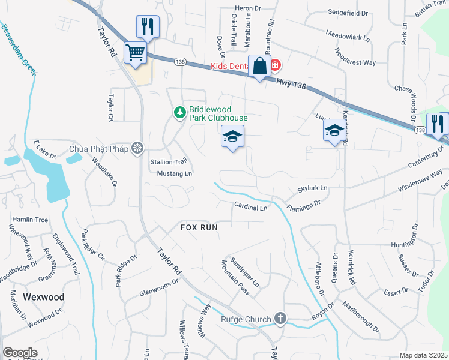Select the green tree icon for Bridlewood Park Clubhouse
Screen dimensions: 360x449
[179, 112]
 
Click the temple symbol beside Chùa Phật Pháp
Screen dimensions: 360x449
[137, 148]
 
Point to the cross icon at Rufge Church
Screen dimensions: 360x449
[279, 319]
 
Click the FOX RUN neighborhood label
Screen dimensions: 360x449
[199, 228]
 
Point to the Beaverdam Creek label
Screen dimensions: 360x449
[20, 49]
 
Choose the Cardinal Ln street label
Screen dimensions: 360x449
[250, 208]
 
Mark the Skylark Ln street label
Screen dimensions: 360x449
[313, 189]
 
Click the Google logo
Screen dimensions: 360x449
[20, 353]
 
